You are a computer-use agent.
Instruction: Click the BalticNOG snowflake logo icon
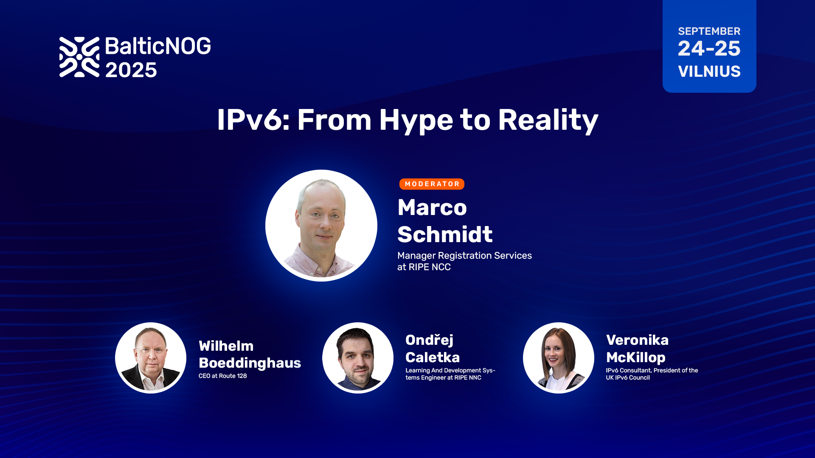[79, 57]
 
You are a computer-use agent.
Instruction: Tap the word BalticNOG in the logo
[158, 46]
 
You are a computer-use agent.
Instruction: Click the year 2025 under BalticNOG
[131, 70]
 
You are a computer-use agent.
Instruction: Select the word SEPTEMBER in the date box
[709, 31]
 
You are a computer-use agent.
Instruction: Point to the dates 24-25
[709, 48]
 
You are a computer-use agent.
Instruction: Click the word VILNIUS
[709, 71]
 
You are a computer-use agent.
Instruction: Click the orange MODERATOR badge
[432, 184]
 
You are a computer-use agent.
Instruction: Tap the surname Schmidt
[445, 235]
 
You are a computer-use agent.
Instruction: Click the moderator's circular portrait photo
[321, 226]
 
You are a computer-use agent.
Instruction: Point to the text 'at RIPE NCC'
[424, 267]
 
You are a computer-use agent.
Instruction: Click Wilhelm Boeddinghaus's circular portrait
[151, 358]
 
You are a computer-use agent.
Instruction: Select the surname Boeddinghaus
[250, 363]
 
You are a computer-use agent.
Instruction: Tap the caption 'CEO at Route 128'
[222, 376]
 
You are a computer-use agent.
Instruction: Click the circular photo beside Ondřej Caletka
[358, 358]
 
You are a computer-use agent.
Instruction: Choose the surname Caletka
[433, 357]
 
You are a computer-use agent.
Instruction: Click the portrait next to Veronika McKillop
[559, 358]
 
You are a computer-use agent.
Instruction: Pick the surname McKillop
[635, 358]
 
